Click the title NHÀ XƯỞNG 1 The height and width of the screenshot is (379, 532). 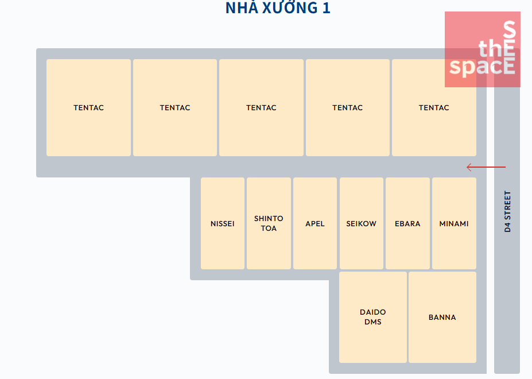278,8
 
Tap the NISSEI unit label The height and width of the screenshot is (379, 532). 223,223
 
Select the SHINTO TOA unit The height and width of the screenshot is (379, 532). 269,223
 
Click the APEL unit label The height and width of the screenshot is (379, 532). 315,223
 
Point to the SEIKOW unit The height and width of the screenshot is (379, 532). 362,223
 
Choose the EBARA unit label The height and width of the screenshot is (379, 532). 407,223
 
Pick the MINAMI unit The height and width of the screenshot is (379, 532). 454,223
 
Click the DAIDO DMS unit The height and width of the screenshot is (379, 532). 373,317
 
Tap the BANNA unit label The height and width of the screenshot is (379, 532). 442,317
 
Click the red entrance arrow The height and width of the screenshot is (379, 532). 486,167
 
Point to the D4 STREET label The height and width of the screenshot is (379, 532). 507,211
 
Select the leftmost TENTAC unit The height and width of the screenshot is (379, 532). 89,107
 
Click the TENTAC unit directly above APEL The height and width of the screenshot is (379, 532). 347,107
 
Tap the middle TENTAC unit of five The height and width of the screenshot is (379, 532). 261,107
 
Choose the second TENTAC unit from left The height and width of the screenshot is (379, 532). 175,107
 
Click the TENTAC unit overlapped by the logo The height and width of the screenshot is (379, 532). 434,107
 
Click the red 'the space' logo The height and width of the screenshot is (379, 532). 483,49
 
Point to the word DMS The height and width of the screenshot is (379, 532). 373,322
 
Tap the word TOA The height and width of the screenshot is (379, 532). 269,229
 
